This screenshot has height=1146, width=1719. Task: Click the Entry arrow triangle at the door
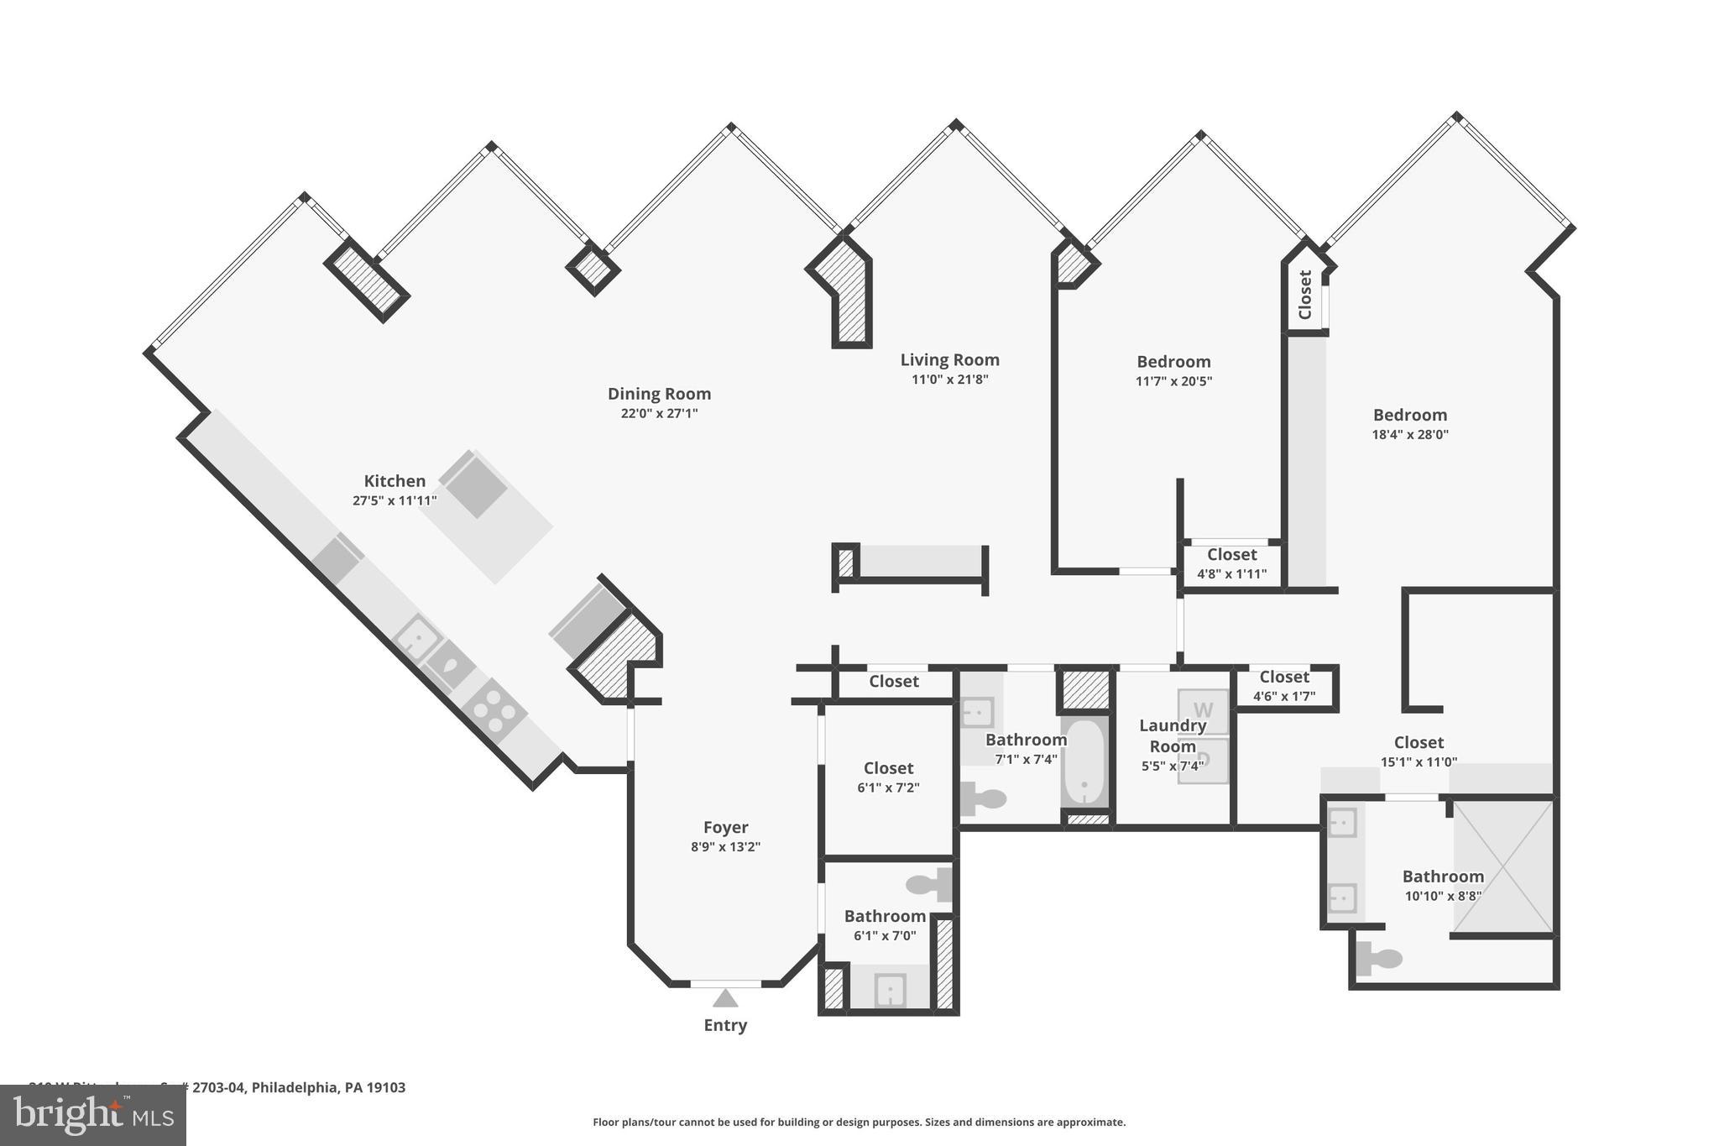pos(725,998)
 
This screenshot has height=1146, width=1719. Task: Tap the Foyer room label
pos(725,827)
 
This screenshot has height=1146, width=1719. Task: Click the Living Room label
pos(949,360)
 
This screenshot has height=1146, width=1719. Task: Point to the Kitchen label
pos(394,481)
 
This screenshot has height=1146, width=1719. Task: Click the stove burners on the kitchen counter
pos(494,710)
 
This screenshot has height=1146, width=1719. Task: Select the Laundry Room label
pos(1173,735)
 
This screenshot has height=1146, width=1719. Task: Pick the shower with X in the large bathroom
pos(1503,867)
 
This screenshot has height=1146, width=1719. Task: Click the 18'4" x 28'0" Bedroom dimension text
pos(1410,435)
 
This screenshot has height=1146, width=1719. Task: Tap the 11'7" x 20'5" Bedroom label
pos(1173,362)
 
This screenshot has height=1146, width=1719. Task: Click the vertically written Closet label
pos(1305,295)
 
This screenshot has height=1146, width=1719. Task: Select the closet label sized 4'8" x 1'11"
pos(1231,555)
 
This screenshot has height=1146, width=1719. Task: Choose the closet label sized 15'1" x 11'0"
pos(1419,743)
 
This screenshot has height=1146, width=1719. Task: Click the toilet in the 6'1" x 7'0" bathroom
pos(928,884)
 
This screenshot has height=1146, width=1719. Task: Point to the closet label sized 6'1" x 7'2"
pos(888,768)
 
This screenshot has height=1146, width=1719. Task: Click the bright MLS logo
pos(92,1115)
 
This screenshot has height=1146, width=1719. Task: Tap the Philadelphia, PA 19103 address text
pos(328,1087)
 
